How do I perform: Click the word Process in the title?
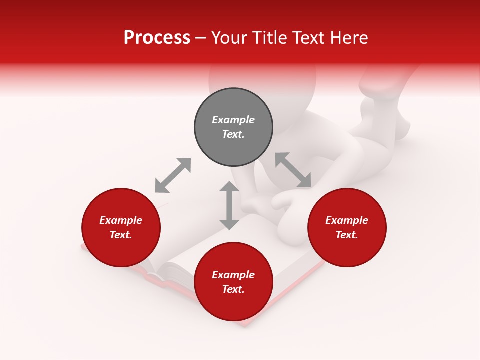157,38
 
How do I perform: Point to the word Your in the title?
227,38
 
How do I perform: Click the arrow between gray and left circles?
173,175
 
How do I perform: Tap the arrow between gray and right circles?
293,170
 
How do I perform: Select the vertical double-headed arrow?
229,205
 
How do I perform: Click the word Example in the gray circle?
233,120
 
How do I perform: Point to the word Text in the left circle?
121,235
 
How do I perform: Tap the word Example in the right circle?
347,220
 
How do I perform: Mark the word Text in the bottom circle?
233,289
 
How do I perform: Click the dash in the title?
200,38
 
